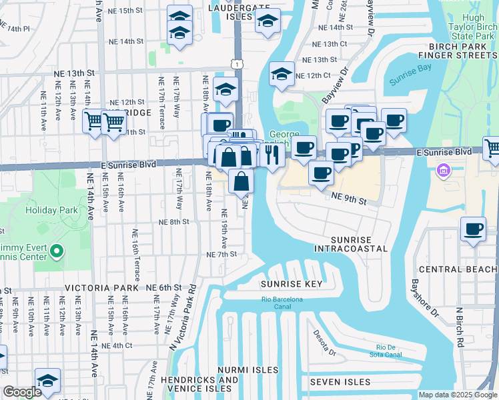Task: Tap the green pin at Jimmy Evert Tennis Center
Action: [57, 252]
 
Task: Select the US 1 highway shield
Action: [237, 63]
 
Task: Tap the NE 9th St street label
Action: [349, 198]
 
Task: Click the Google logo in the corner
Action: [22, 392]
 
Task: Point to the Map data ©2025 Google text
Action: [458, 395]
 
